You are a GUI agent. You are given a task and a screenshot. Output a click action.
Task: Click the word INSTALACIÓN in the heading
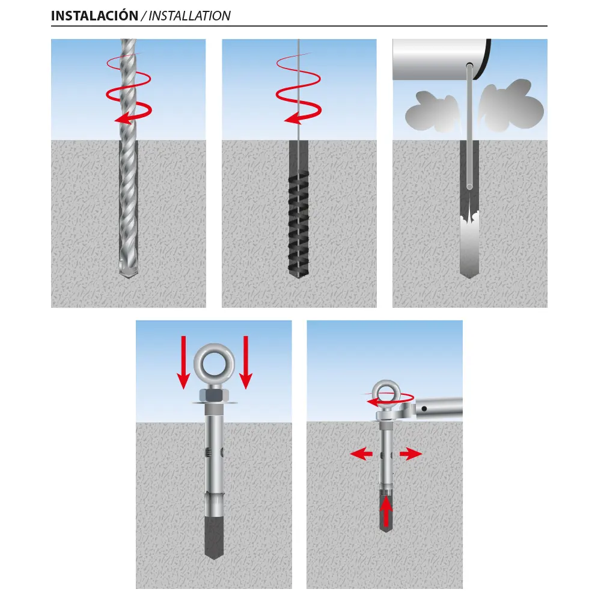(95, 16)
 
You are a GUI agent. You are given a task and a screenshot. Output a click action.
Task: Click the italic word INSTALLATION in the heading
(189, 16)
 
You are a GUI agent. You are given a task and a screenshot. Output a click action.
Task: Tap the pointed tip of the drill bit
(128, 275)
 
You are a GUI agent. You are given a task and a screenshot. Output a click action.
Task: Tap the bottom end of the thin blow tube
(469, 187)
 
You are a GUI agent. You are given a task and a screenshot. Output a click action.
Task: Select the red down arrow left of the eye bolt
(183, 362)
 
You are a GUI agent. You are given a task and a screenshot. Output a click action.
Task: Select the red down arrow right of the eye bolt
(246, 362)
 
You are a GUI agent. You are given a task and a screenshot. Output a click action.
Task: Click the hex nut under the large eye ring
(214, 395)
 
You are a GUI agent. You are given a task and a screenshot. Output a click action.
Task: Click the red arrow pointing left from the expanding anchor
(361, 454)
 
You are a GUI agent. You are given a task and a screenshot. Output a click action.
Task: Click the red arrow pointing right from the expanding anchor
(410, 454)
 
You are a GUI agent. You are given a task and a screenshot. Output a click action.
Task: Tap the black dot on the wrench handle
(424, 409)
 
